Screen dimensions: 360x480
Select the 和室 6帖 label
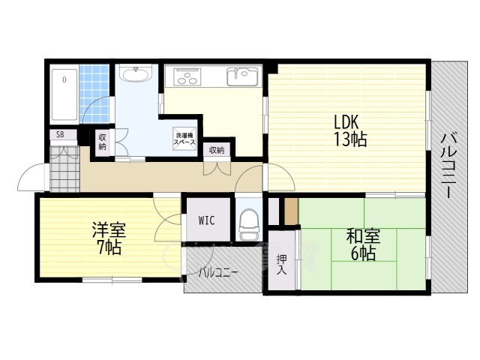361,244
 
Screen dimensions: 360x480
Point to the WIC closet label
208,220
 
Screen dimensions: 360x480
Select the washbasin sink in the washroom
136,74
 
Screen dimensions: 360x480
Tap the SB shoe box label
59,136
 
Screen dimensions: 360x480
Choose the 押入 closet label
281,264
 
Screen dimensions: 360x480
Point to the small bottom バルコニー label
218,273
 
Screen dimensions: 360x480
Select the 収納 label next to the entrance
102,142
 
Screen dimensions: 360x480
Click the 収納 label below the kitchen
217,150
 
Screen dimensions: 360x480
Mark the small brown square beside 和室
291,211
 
